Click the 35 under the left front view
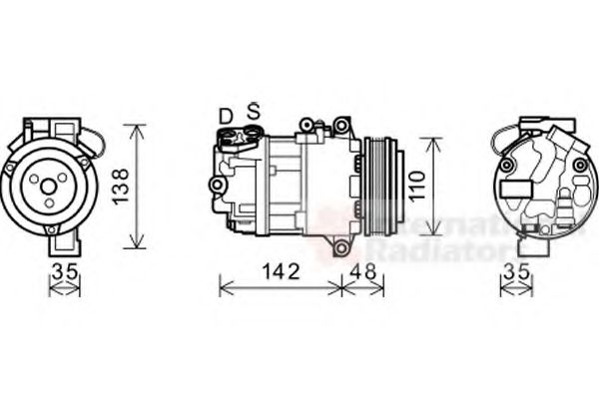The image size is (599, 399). pyautogui.click(x=64, y=270)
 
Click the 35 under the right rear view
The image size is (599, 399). pyautogui.click(x=516, y=270)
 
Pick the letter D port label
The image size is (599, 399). pyautogui.click(x=227, y=117)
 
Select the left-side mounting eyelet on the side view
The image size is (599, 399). pyautogui.click(x=215, y=185)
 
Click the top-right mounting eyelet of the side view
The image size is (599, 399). pyautogui.click(x=342, y=125)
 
